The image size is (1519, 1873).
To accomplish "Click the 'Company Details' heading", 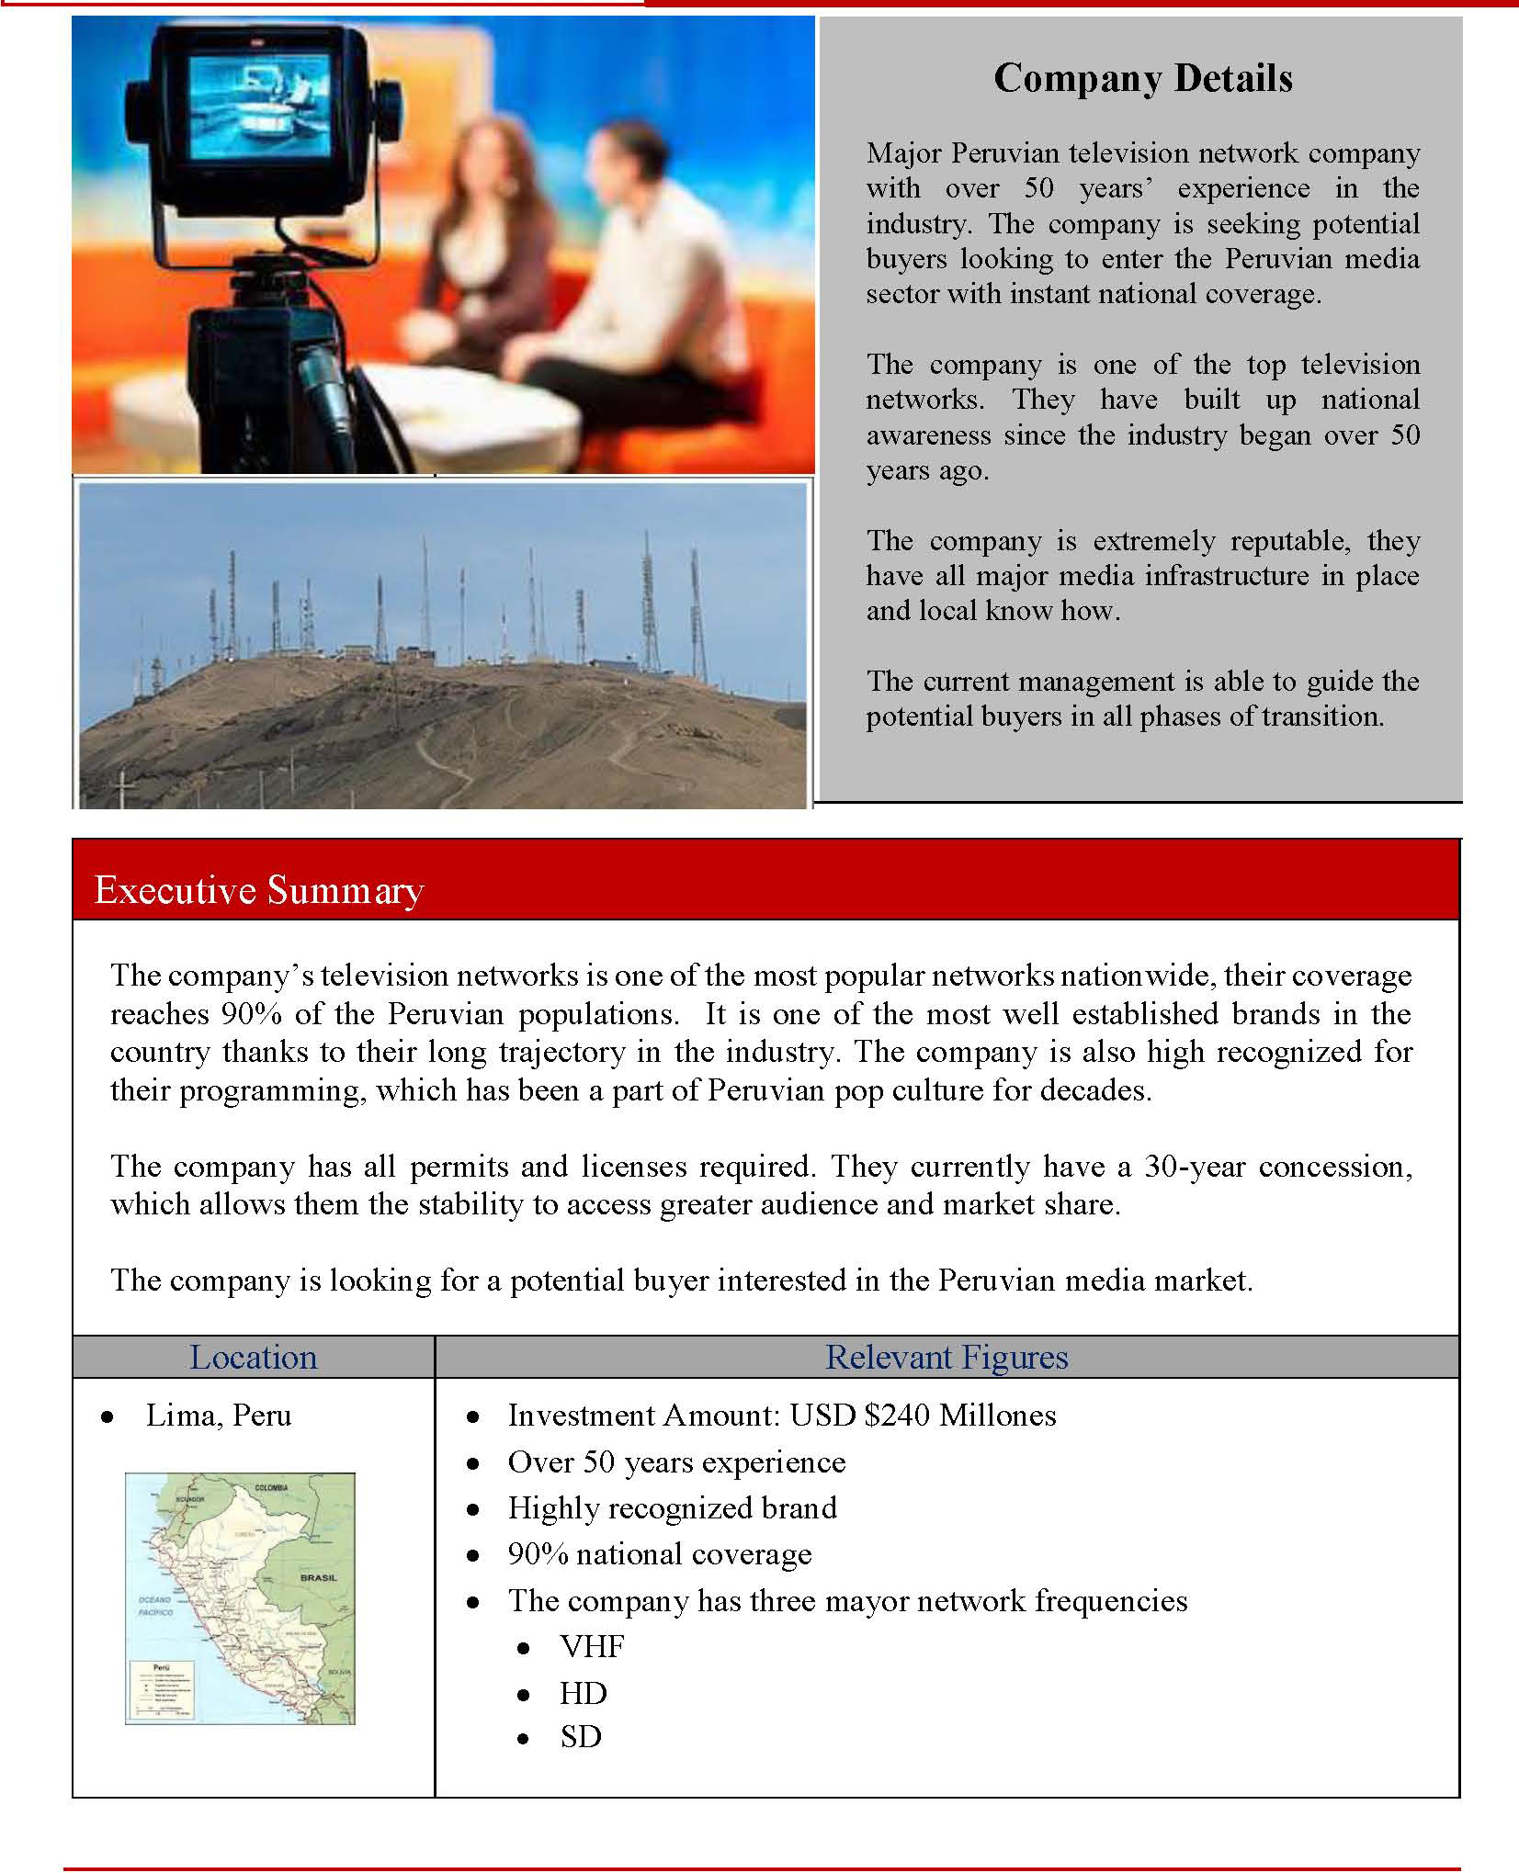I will pyautogui.click(x=1142, y=79).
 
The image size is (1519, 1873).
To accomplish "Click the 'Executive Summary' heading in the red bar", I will pyautogui.click(x=258, y=890).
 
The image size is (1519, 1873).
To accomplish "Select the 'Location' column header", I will pyautogui.click(x=253, y=1358).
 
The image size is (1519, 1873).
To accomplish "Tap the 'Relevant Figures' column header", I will pyautogui.click(x=947, y=1358).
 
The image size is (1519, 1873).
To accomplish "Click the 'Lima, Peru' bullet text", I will pyautogui.click(x=218, y=1416).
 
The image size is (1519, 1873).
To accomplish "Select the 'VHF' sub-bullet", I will pyautogui.click(x=592, y=1647).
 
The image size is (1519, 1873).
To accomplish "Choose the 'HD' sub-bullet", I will pyautogui.click(x=584, y=1693).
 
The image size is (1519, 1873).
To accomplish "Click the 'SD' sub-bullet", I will pyautogui.click(x=581, y=1737).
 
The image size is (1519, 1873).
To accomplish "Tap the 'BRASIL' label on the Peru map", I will pyautogui.click(x=318, y=1578).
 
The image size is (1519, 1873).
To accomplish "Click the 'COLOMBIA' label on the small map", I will pyautogui.click(x=271, y=1488).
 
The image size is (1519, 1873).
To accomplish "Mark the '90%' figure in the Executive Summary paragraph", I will pyautogui.click(x=251, y=1014).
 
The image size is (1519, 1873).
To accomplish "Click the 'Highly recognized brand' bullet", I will pyautogui.click(x=672, y=1508).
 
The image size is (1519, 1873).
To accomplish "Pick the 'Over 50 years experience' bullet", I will pyautogui.click(x=676, y=1462).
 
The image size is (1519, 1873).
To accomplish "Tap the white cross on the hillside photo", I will pyautogui.click(x=122, y=787).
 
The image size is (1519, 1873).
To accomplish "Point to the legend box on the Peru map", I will pyautogui.click(x=162, y=1688).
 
